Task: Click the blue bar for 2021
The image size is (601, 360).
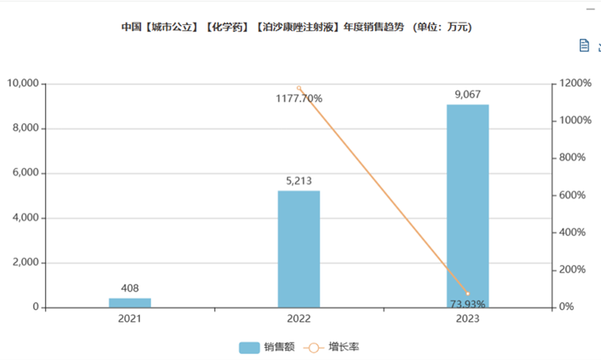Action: coord(130,303)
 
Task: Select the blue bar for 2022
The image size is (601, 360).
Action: coord(299,249)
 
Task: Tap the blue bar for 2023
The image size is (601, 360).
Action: coord(468,206)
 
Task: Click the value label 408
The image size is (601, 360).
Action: coord(130,288)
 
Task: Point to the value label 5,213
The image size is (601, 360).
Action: coord(299,180)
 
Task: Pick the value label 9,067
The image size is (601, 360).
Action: coord(468,94)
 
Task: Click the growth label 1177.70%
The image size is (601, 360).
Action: coord(299,98)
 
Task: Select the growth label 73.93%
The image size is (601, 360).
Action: coord(468,304)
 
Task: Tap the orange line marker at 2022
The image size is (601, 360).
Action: coord(299,88)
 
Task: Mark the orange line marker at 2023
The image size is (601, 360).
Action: coord(468,293)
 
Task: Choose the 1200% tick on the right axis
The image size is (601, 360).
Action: coord(572,84)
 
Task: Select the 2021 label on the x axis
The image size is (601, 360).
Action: coord(130,319)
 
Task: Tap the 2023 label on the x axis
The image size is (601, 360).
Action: coord(468,319)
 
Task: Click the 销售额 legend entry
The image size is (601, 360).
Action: coord(267,347)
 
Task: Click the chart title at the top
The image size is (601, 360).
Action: coord(296,28)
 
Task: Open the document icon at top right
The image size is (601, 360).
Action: coord(584,45)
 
